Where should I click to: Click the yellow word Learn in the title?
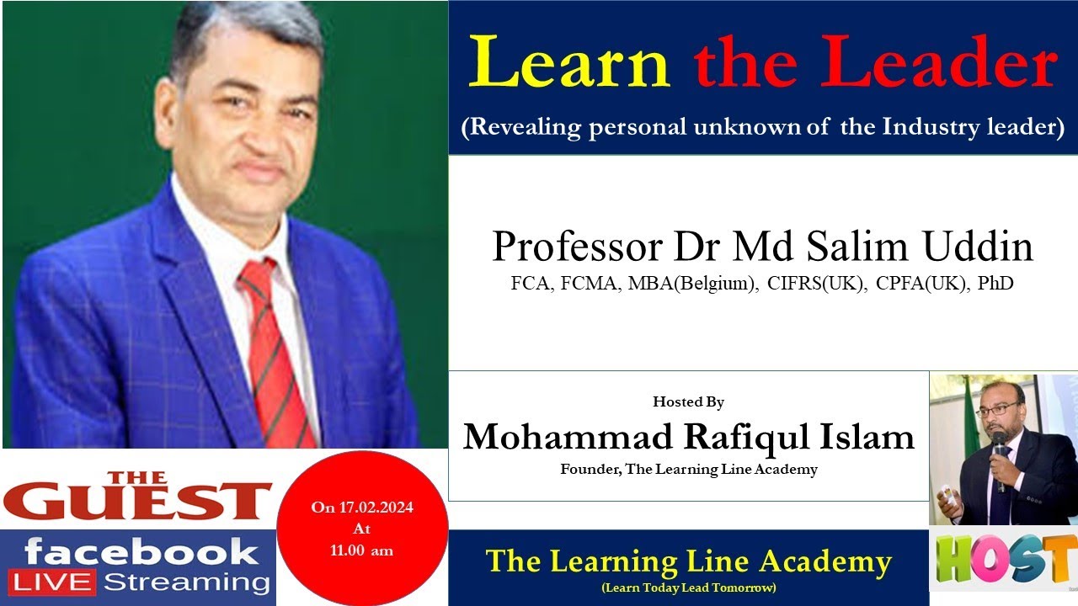click(569, 63)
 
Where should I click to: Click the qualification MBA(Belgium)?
click(693, 284)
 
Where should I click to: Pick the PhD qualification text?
click(995, 284)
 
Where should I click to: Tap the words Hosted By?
click(688, 402)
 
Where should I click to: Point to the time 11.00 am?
click(361, 551)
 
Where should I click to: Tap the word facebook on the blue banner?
click(141, 553)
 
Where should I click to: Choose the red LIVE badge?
click(52, 582)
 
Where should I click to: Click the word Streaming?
click(185, 582)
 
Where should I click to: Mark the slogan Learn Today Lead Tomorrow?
click(688, 587)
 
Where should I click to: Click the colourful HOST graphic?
click(1005, 559)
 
